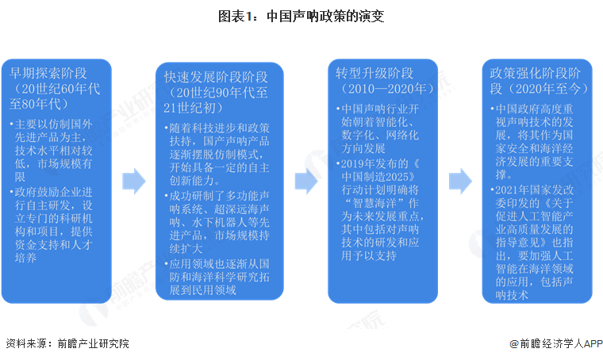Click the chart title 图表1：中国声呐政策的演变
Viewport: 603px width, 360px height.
[301, 17]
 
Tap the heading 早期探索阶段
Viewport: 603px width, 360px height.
[48, 73]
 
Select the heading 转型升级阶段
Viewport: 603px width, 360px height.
[374, 73]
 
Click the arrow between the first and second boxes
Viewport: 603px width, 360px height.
[134, 181]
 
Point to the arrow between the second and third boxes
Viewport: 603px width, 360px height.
[306, 181]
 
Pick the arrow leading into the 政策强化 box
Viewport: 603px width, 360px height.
[460, 181]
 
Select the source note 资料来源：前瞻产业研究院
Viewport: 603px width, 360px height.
[67, 343]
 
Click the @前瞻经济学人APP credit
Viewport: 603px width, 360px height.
[556, 343]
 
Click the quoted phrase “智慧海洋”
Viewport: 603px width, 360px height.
[375, 203]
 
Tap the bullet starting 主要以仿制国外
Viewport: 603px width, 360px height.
[52, 150]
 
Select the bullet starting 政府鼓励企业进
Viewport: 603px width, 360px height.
[52, 224]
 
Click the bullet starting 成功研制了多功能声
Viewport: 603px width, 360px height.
[217, 223]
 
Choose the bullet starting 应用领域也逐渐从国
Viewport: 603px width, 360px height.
[217, 277]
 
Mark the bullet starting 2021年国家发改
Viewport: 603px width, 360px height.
[532, 243]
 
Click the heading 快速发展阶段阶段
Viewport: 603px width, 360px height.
[216, 77]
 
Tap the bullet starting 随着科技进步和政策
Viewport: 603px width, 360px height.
[217, 155]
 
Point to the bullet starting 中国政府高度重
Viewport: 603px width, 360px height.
[532, 142]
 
